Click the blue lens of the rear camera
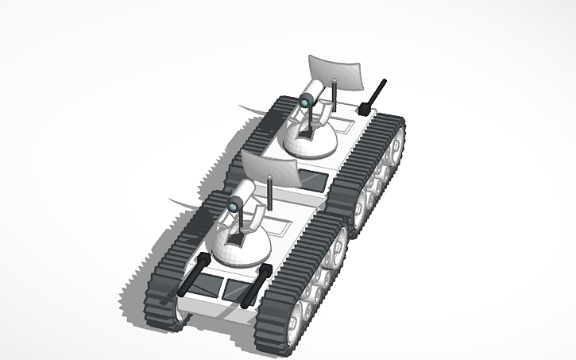pos(304,100)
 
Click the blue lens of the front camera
pos(235,205)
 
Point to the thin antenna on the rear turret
pos(335,95)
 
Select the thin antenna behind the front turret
pos(270,195)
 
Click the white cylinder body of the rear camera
pos(313,94)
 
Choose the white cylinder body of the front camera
pos(244,195)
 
